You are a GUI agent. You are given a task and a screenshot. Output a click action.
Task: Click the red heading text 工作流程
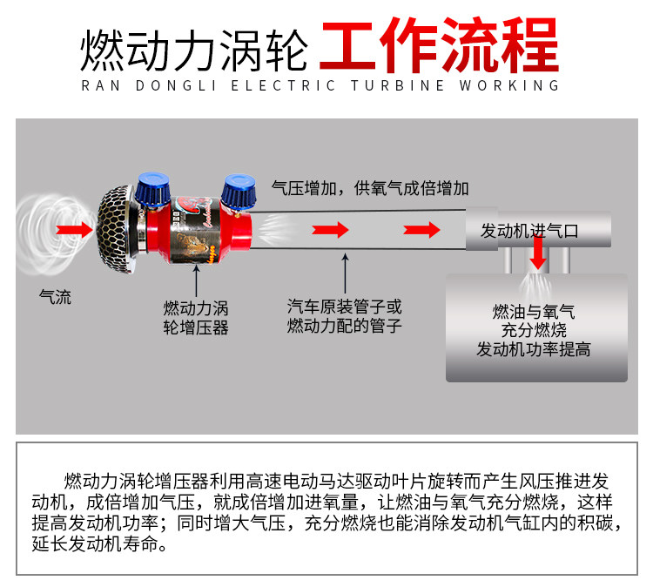pyautogui.click(x=440, y=45)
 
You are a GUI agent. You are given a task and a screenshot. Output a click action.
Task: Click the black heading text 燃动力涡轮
pyautogui.click(x=194, y=50)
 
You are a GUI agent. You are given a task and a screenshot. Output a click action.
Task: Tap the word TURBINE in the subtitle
pyautogui.click(x=398, y=85)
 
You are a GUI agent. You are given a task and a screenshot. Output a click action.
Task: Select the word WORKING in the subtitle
pyautogui.click(x=509, y=85)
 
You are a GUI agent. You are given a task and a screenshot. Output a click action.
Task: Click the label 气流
pyautogui.click(x=55, y=297)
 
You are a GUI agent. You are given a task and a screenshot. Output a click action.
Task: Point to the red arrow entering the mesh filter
pyautogui.click(x=75, y=230)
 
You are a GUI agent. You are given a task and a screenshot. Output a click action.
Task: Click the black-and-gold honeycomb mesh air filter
pyautogui.click(x=117, y=229)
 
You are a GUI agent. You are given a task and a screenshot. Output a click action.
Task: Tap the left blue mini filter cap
pyautogui.click(x=153, y=189)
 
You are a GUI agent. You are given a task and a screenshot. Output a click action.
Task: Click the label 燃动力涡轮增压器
pyautogui.click(x=196, y=318)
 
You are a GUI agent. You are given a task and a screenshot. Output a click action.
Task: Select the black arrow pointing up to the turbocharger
pyautogui.click(x=196, y=280)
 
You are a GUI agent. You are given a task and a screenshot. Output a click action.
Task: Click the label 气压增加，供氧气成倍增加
pyautogui.click(x=370, y=188)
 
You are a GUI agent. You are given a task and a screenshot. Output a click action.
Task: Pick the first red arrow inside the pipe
pyautogui.click(x=330, y=230)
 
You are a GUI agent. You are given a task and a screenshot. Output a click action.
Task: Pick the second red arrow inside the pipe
pyautogui.click(x=421, y=230)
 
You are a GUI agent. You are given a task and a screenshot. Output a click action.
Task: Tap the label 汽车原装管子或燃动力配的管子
pyautogui.click(x=345, y=316)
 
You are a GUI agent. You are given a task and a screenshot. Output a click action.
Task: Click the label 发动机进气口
pyautogui.click(x=529, y=231)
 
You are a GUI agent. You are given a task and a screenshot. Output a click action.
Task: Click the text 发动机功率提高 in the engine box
pyautogui.click(x=534, y=349)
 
